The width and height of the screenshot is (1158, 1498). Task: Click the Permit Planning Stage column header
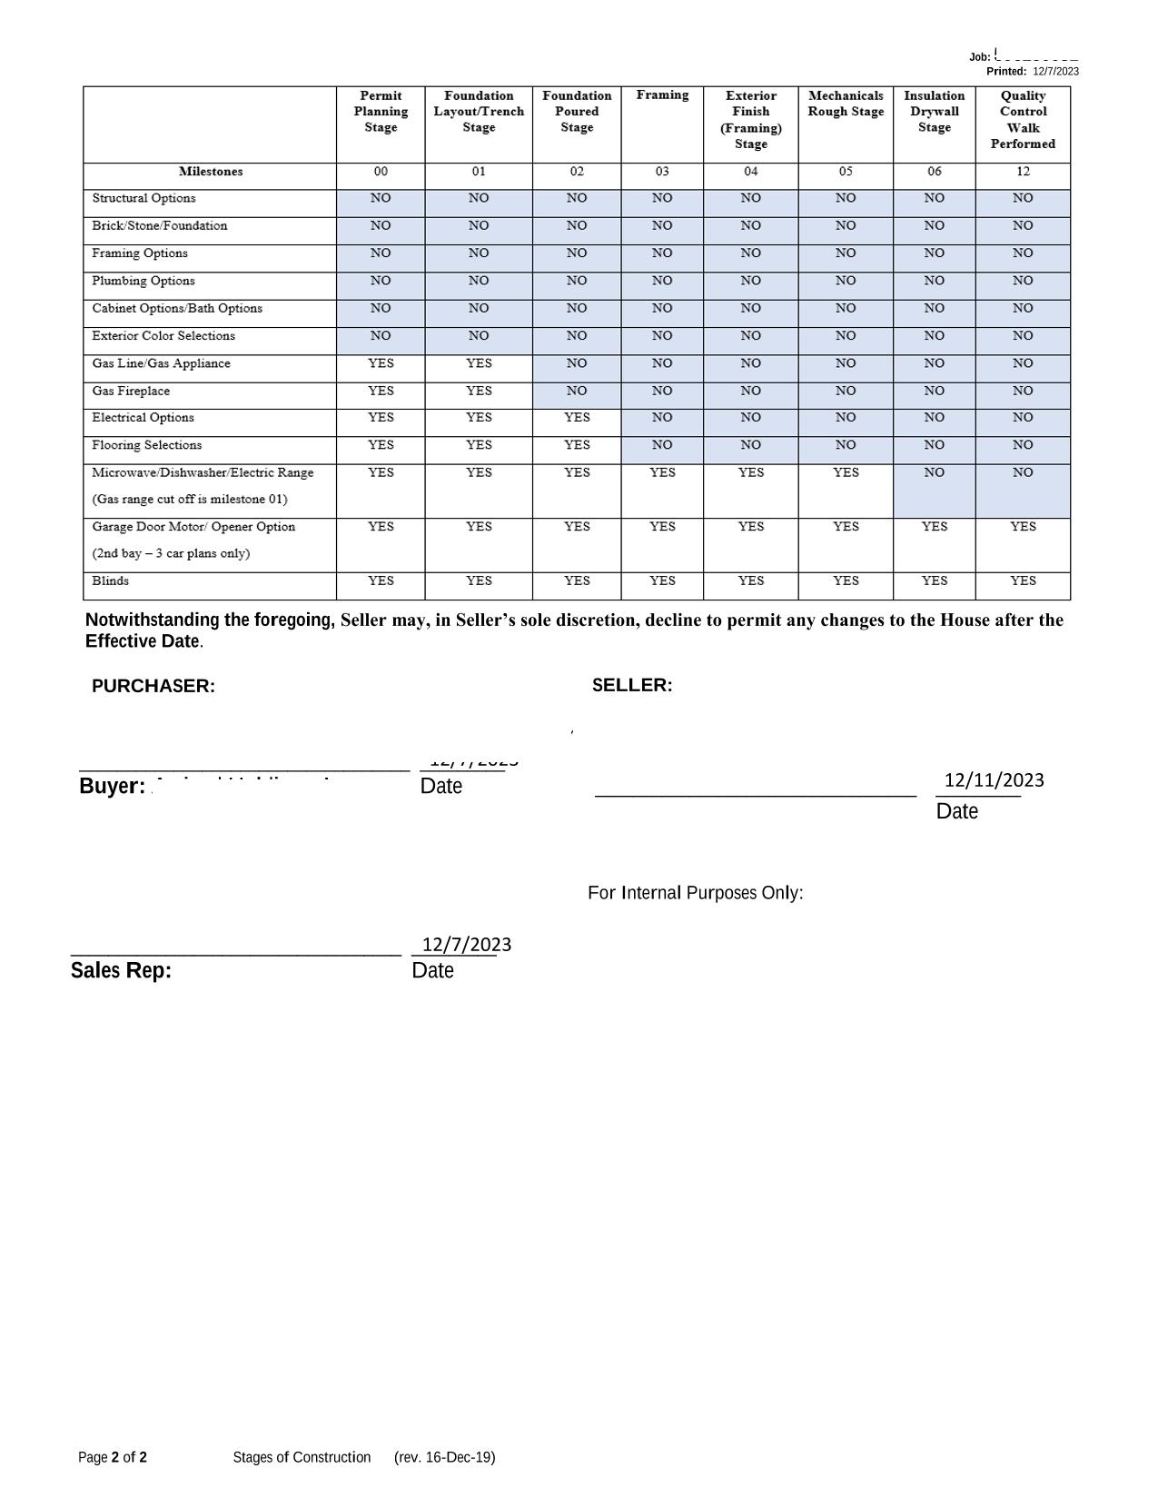click(x=381, y=112)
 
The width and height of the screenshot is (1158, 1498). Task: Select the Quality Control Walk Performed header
click(x=1023, y=120)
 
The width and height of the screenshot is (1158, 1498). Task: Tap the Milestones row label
click(x=211, y=172)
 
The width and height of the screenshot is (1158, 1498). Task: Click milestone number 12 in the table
click(x=1023, y=172)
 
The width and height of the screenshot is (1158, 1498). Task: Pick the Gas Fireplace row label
click(x=131, y=392)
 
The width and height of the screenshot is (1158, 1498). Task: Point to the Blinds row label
click(x=111, y=581)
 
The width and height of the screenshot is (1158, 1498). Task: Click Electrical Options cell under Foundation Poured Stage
click(x=577, y=418)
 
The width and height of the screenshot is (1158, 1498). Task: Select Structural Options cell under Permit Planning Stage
click(x=381, y=198)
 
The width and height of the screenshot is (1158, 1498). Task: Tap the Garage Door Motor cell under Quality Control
click(x=1023, y=527)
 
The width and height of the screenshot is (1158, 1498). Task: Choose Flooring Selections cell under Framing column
click(x=662, y=445)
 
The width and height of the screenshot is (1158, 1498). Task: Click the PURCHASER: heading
click(x=153, y=687)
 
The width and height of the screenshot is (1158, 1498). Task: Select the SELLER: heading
click(x=632, y=686)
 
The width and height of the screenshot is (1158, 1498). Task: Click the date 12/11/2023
click(x=994, y=780)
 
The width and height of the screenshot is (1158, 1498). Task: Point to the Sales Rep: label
click(x=121, y=971)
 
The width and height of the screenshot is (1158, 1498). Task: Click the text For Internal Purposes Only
click(x=695, y=893)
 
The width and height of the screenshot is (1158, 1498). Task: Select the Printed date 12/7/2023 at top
click(x=1055, y=72)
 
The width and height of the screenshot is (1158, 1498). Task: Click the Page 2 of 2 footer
click(x=113, y=1458)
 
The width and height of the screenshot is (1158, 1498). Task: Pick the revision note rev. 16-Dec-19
click(x=445, y=1458)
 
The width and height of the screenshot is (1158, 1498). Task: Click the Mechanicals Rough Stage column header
click(x=846, y=104)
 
